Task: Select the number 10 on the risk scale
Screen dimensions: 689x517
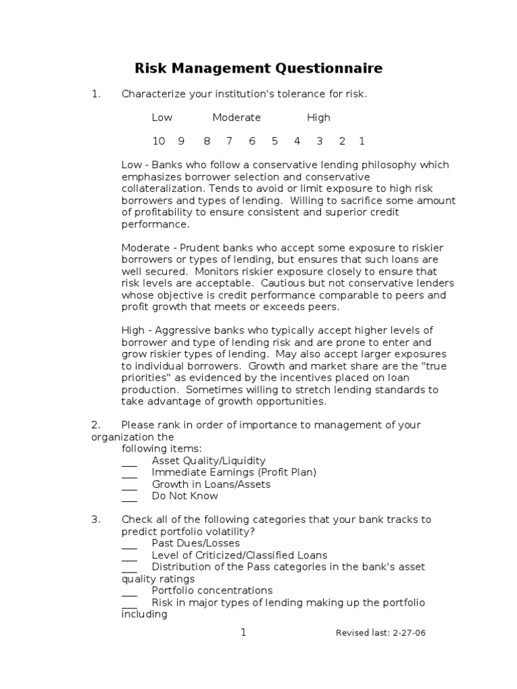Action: click(x=158, y=141)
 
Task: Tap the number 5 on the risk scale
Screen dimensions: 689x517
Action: click(x=275, y=141)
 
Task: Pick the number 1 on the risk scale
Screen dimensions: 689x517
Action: click(x=361, y=141)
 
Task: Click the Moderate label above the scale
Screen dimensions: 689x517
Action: click(x=236, y=117)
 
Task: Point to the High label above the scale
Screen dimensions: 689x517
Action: click(x=318, y=117)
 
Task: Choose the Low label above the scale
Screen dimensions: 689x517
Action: click(x=162, y=117)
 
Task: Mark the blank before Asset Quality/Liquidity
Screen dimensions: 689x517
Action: click(x=129, y=462)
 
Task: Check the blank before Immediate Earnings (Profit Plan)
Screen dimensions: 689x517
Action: click(x=129, y=473)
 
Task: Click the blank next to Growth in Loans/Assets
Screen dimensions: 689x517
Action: click(x=129, y=485)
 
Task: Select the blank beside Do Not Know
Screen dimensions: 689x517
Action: click(x=129, y=497)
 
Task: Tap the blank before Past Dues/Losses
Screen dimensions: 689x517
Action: click(x=129, y=544)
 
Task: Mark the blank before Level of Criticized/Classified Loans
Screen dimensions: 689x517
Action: click(x=129, y=556)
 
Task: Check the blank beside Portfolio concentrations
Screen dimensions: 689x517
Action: click(x=129, y=591)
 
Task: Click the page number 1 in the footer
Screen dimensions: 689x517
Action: click(x=244, y=632)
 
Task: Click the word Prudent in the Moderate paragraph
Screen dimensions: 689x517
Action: click(x=199, y=248)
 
